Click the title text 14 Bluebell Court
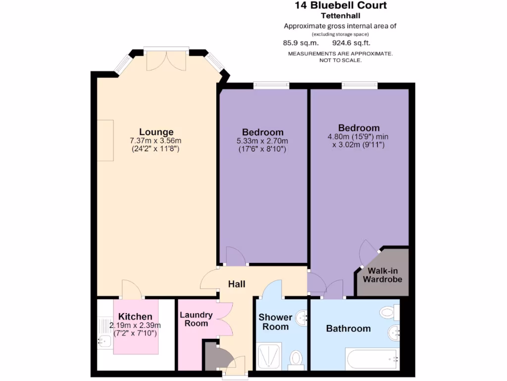coord(340,6)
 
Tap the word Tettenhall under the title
coord(340,15)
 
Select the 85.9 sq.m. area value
coord(297,43)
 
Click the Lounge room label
coord(156,132)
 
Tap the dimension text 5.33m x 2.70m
coord(263,141)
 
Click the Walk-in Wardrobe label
coord(383,275)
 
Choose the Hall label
coord(237,284)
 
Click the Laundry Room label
coord(196,319)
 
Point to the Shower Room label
coord(275,322)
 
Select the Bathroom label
coord(348,328)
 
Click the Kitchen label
coord(135,317)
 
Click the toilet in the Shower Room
coord(296,358)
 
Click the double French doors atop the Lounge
coord(166,59)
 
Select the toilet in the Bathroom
coord(388,313)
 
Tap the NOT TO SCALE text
coord(340,60)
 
